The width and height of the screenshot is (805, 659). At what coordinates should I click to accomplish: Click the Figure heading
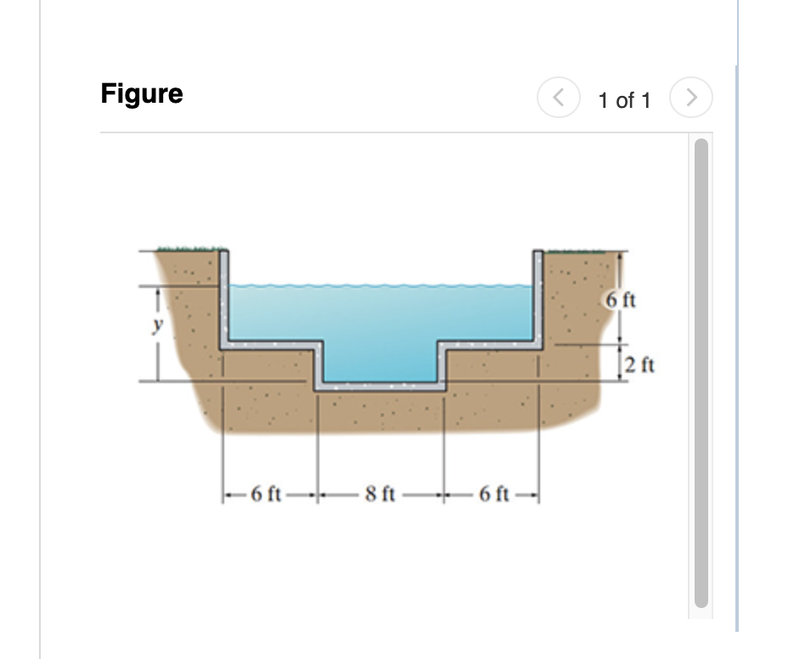142,93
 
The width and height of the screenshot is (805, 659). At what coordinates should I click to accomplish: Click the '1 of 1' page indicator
624,100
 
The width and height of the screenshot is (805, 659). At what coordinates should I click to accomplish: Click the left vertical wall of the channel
224,297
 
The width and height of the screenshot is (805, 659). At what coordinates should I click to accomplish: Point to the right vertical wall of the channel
538,297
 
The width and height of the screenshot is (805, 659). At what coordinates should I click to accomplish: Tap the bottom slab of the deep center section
380,386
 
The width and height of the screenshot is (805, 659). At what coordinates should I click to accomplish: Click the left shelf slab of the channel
272,346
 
